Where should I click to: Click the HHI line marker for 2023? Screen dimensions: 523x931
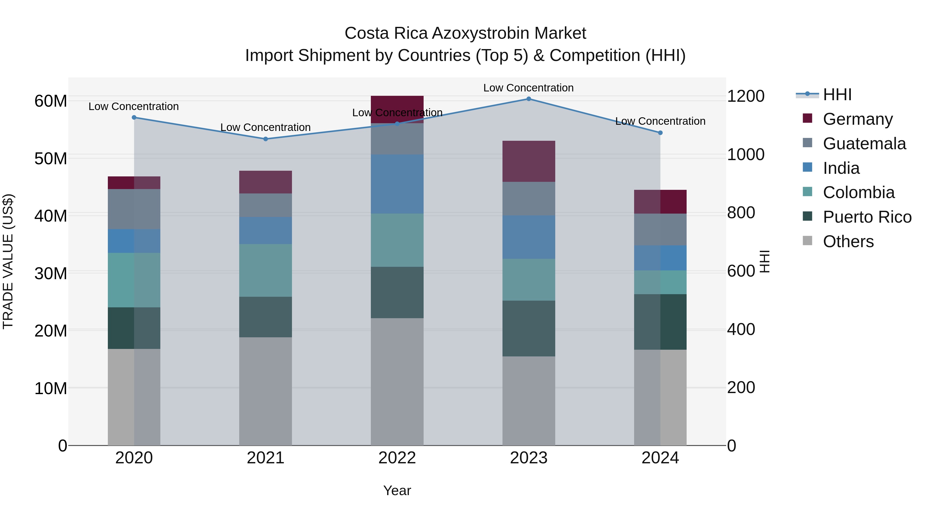click(528, 99)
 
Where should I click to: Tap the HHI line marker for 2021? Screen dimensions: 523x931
click(265, 139)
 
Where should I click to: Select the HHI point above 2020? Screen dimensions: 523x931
click(134, 117)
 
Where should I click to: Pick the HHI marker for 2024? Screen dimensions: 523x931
click(660, 133)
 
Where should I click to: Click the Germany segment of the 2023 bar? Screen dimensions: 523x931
click(528, 161)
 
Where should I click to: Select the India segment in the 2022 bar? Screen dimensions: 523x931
click(397, 184)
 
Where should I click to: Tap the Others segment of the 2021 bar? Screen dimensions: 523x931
click(265, 391)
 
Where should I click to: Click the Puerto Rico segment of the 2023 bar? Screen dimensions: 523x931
click(528, 329)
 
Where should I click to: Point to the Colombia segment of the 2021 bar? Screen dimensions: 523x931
click(265, 270)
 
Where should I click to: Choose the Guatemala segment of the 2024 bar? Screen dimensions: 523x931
click(660, 230)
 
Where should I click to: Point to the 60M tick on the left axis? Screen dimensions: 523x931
click(51, 101)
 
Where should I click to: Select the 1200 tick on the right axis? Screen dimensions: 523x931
click(745, 96)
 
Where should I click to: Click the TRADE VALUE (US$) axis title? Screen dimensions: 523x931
click(8, 261)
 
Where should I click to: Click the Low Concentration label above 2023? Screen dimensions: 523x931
click(528, 88)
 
